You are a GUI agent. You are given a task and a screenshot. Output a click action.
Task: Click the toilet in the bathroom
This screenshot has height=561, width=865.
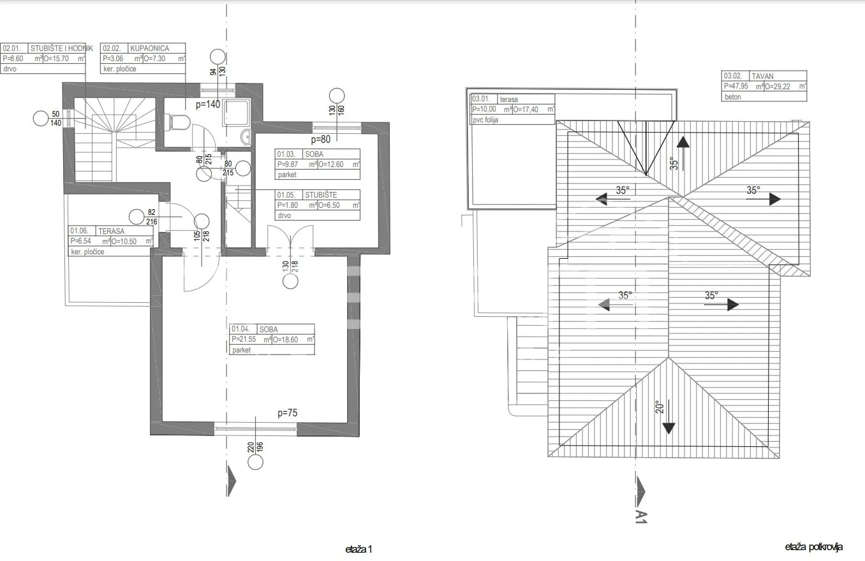pos(179,122)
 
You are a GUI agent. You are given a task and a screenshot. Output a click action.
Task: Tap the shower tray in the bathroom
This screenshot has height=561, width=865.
pos(236,112)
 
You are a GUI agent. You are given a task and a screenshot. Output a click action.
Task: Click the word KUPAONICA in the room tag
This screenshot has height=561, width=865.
pos(149,48)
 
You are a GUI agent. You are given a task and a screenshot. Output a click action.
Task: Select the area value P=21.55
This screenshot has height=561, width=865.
pos(244,339)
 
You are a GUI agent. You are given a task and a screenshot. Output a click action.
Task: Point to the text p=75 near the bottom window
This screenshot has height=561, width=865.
pos(287,413)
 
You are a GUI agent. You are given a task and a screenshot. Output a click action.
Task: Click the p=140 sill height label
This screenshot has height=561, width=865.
pos(208,104)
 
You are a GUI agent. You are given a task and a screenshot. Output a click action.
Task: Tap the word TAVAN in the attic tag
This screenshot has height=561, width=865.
pos(762,76)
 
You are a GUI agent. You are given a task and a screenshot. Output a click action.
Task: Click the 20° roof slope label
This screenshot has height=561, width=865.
pos(660,407)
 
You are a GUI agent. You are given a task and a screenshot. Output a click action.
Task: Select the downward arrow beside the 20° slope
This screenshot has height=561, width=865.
pos(669,417)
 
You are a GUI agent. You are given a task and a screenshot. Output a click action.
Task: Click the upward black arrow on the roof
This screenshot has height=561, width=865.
pos(683,154)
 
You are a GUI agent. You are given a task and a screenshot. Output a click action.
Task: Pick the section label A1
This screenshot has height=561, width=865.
pos(641,517)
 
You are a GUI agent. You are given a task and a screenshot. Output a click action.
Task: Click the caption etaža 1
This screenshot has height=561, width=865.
pos(359,549)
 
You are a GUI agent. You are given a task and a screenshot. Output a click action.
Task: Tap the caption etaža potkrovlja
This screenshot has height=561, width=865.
pos(813,547)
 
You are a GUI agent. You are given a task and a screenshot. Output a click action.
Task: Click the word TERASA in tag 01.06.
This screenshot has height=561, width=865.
pos(111,231)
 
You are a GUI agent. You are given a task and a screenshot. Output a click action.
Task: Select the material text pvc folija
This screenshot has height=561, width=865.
pos(485,120)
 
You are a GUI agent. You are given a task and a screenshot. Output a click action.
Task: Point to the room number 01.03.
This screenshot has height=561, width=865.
pos(286,154)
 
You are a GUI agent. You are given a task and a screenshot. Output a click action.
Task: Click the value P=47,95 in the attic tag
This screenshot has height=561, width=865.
pos(736,87)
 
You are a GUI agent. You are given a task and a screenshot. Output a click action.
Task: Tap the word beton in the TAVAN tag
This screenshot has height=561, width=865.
pos(732,97)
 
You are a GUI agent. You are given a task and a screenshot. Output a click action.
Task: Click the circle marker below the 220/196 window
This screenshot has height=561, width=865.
pos(255,462)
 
